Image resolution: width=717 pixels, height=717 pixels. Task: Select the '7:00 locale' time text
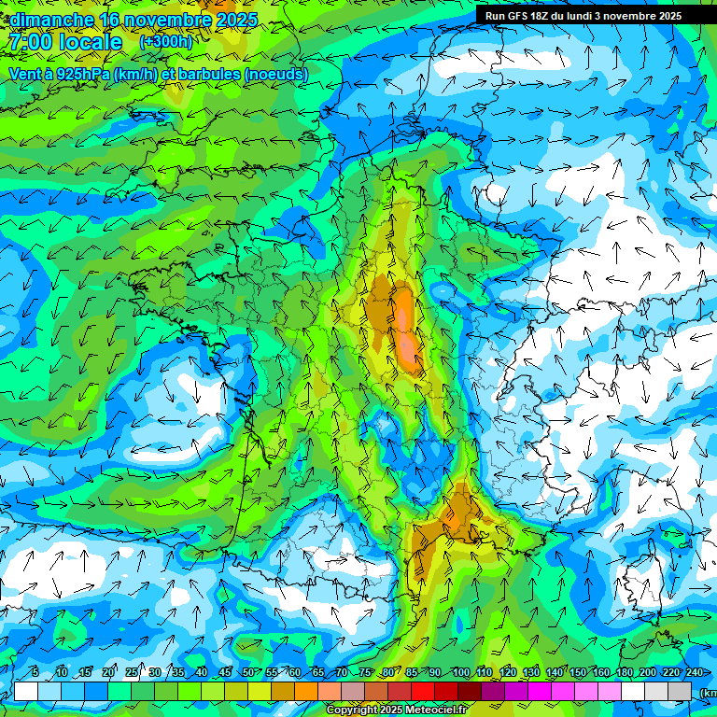(65, 42)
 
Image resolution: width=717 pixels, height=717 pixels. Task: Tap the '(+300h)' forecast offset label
(165, 42)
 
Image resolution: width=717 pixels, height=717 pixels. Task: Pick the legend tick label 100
(460, 673)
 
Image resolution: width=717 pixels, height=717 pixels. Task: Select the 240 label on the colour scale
(694, 673)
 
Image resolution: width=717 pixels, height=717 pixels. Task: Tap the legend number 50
(248, 673)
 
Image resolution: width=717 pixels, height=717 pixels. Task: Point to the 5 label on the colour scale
(35, 673)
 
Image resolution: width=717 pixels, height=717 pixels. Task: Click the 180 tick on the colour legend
(623, 673)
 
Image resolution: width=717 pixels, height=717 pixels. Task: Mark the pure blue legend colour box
(96, 691)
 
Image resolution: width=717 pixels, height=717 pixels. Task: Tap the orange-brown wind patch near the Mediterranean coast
(457, 513)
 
